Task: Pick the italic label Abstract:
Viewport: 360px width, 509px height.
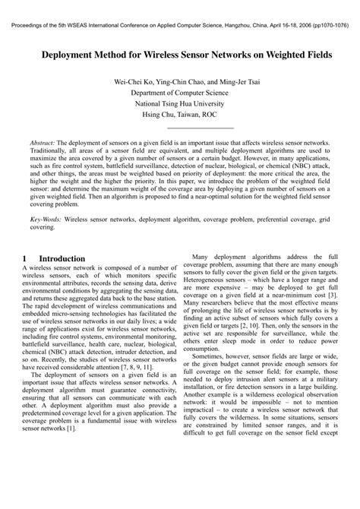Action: [x=43, y=143]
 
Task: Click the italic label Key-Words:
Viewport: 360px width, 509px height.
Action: [x=46, y=217]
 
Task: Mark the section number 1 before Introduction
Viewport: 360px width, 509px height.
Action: [x=25, y=258]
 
